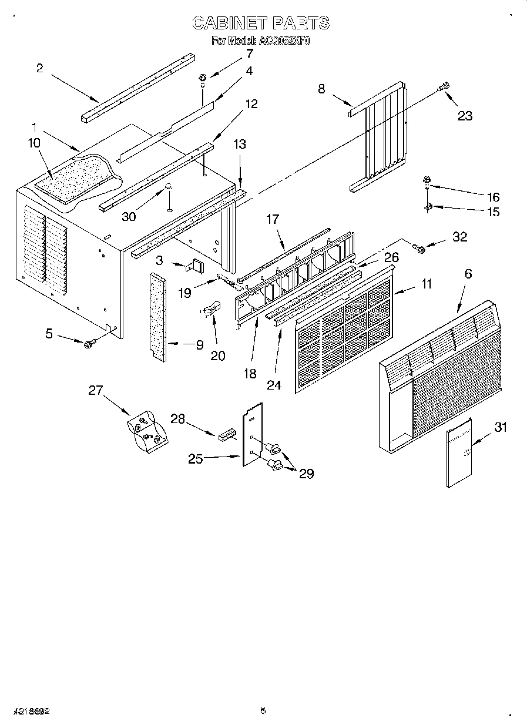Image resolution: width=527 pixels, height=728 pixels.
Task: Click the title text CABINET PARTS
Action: [261, 23]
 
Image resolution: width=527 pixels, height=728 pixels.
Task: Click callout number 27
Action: [96, 390]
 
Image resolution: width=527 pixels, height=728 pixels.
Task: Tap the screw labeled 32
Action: [419, 249]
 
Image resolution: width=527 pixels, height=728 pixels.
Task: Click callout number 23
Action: [465, 116]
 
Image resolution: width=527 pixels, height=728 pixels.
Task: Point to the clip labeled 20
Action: [212, 307]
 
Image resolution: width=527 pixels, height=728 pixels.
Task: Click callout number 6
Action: [468, 273]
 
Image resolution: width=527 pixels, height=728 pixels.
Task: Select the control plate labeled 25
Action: [252, 434]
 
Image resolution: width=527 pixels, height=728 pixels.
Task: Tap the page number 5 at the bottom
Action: [263, 710]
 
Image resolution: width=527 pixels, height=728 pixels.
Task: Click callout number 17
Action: [273, 219]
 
